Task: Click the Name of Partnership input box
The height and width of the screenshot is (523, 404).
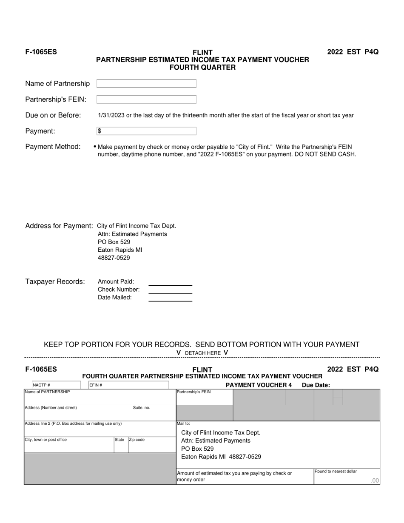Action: coord(146,83)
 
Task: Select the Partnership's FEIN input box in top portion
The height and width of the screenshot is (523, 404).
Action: coord(146,99)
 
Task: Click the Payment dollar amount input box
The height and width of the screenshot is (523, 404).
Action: coord(146,131)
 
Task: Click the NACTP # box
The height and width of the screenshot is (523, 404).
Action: coord(56,385)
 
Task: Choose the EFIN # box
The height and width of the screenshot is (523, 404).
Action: coord(128,385)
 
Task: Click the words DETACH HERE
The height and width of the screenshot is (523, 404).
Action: coord(203,353)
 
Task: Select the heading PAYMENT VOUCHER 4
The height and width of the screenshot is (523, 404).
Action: coord(259,385)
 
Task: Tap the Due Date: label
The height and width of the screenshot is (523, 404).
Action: coord(316,385)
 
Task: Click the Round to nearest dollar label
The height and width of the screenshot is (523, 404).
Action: coord(336,471)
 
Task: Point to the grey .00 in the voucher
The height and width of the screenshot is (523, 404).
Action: coord(375,480)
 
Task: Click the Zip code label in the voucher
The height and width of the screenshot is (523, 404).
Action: coord(137,440)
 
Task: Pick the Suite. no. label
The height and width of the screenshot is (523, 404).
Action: coord(142,408)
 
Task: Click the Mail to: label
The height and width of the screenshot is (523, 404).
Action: coord(183,424)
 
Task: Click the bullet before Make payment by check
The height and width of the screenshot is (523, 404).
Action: coord(95,147)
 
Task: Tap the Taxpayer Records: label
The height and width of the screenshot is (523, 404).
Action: coord(55,281)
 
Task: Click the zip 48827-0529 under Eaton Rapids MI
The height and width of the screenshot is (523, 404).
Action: coord(114,258)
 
